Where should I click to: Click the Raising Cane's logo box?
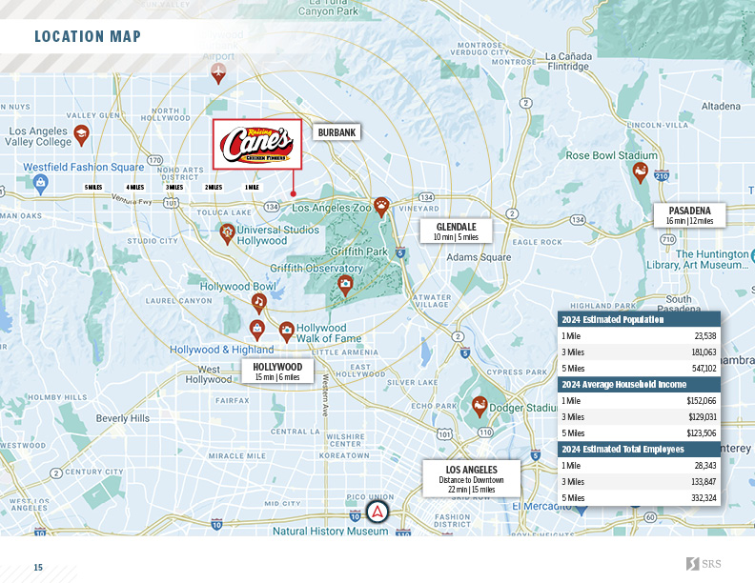tap(256, 144)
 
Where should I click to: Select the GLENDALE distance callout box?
tap(456, 231)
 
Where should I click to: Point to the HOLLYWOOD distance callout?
tap(277, 372)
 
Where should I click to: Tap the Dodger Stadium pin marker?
tap(480, 406)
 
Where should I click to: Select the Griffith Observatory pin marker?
tap(345, 284)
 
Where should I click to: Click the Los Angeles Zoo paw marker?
tap(381, 206)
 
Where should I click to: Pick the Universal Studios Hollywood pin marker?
tap(227, 231)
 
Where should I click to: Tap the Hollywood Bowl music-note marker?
tap(258, 302)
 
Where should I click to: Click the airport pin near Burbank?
tap(218, 72)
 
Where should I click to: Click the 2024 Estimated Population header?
tap(611, 320)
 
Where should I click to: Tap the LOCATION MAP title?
tap(88, 37)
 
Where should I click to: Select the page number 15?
tap(39, 568)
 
